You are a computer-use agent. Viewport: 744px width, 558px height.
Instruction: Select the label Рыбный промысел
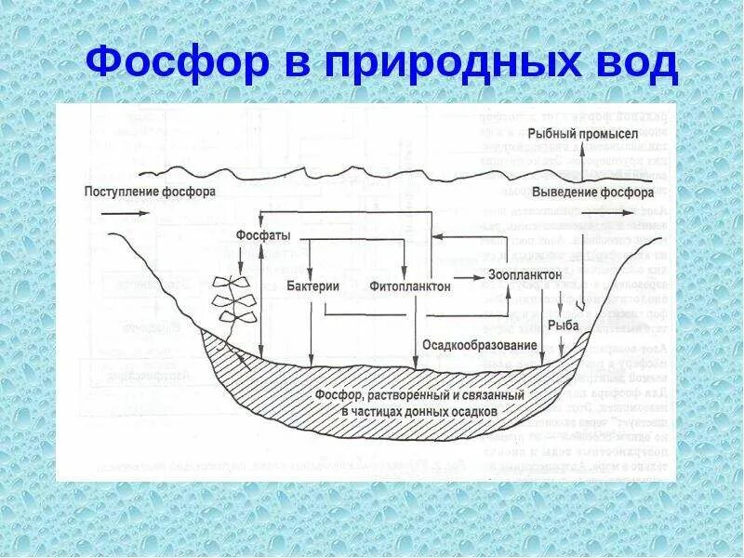tap(583, 134)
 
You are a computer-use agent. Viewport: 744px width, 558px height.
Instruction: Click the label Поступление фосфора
tap(150, 193)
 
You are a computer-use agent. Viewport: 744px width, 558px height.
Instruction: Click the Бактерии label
tap(312, 286)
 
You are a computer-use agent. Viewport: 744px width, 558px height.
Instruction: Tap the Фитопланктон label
tap(410, 286)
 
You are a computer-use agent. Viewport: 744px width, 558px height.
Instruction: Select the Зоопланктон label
tap(525, 275)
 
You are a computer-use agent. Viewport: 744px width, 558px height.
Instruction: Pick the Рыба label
tap(563, 325)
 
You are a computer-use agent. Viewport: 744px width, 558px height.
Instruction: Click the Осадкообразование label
tap(480, 345)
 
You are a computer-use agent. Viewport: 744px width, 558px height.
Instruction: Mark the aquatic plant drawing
tap(231, 299)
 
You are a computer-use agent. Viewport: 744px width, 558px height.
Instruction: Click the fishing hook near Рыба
tap(579, 299)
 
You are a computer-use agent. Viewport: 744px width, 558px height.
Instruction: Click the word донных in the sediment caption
tap(431, 411)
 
